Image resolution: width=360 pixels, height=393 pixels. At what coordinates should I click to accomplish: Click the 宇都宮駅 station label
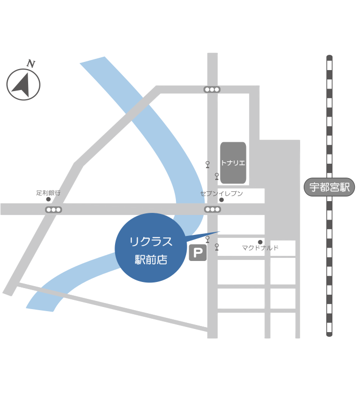pos(329,187)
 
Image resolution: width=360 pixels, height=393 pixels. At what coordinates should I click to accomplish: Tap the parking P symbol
pos(198,253)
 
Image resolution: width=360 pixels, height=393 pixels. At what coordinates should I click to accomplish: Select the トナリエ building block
pos(233,163)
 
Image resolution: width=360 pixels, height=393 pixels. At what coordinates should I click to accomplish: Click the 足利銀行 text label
pos(49,193)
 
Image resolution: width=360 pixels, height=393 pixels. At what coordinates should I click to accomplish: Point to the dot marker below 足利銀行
pos(49,199)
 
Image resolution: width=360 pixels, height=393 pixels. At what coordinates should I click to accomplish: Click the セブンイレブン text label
pos(221,193)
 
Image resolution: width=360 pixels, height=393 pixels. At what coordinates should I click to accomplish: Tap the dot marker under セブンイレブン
pos(221,200)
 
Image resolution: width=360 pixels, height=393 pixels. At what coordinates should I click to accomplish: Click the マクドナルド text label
pos(260,248)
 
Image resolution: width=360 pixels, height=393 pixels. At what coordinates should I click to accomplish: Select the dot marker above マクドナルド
pos(260,242)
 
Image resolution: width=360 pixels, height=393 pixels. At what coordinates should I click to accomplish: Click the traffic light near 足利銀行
pos(53,210)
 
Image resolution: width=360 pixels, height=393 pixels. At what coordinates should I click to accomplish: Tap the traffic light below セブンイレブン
pos(212,209)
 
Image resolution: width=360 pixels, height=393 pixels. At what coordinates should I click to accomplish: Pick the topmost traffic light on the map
pos(212,90)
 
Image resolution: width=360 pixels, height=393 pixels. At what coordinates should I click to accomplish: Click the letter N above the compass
pos(31,63)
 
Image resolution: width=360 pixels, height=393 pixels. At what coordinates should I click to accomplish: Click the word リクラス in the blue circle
pos(151,242)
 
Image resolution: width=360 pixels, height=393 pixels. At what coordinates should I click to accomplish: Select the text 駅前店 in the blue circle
pos(151,259)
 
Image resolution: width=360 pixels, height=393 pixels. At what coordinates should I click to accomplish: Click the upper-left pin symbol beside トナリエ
pos(208,164)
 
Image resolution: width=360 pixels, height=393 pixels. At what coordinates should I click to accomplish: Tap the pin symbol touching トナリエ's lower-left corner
pos(217,176)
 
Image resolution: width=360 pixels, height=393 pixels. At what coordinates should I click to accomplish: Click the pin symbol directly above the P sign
pos(208,239)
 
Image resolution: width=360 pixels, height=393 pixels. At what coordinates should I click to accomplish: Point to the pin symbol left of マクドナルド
pos(217,247)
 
